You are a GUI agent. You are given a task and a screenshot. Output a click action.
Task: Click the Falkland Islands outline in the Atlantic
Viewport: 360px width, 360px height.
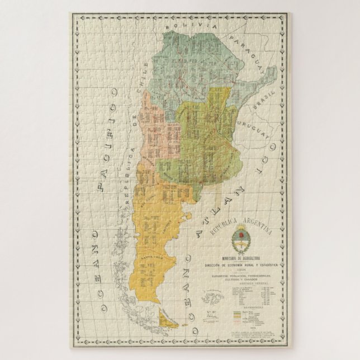(216, 292)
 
